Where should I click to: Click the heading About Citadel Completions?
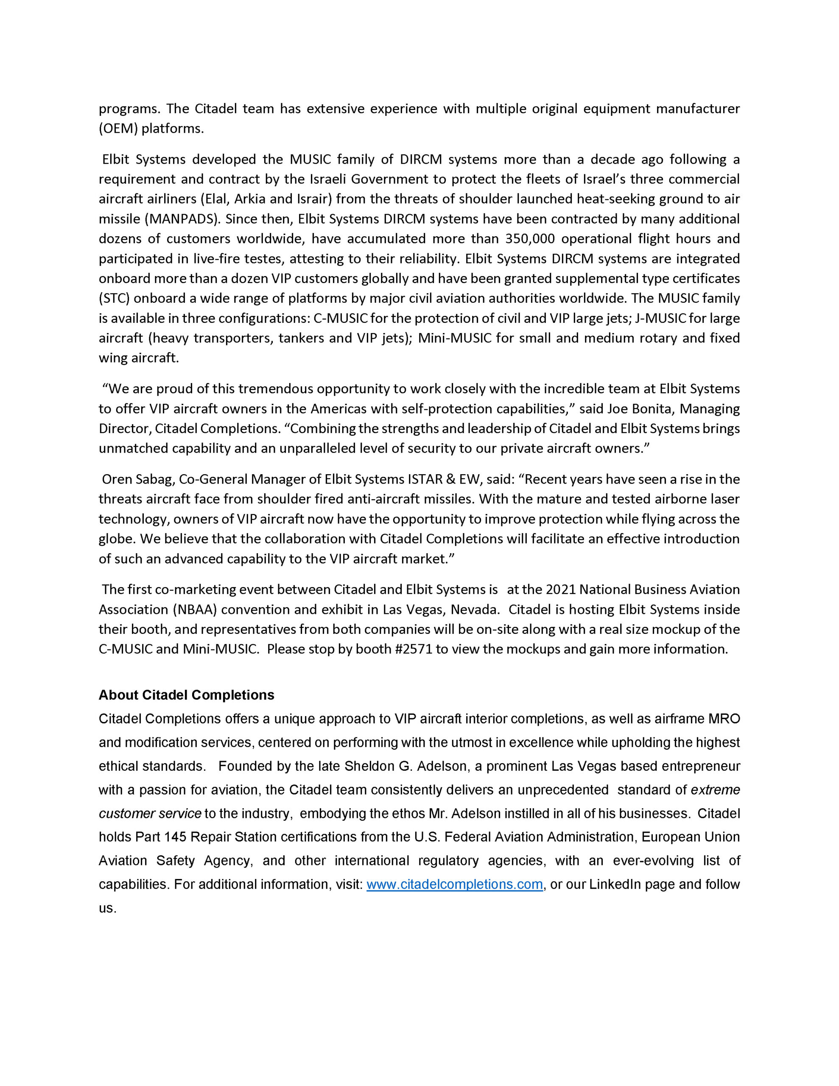coord(186,695)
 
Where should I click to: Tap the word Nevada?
coord(473,609)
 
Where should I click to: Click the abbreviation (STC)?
coord(114,298)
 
